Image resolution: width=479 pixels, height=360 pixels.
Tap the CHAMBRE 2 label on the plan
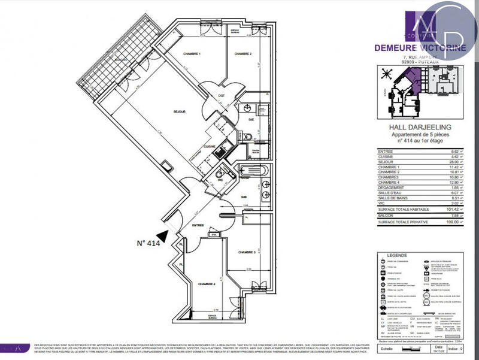coord(242,55)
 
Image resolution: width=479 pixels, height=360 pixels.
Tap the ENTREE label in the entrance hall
coord(198,226)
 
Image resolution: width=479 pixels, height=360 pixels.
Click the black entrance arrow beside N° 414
coord(162,238)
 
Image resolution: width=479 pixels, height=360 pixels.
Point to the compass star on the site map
coord(385,74)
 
